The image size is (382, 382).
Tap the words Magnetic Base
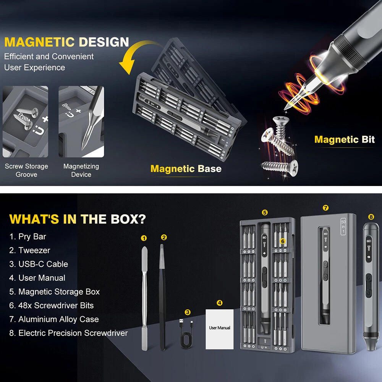tap(186, 168)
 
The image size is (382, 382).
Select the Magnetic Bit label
tap(345, 139)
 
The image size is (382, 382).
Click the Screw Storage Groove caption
tap(26, 170)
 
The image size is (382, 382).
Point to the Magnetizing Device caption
tap(81, 170)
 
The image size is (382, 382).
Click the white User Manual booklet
tap(220, 329)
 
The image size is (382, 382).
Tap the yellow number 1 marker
tap(144, 238)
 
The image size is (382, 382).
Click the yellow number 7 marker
tap(325, 208)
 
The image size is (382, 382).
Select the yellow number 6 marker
tap(283, 241)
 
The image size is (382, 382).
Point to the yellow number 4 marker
tap(220, 303)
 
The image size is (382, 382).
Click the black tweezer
tap(162, 297)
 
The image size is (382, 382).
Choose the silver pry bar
tap(144, 298)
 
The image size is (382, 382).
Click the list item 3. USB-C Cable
tap(39, 264)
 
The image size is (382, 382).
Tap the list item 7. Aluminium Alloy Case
tap(54, 319)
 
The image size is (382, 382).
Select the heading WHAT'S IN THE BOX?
tap(78, 219)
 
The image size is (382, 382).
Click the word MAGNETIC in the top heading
tap(39, 42)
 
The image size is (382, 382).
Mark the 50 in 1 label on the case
tap(343, 227)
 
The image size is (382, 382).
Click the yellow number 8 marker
tap(371, 217)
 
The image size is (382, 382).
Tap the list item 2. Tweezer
tap(29, 250)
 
